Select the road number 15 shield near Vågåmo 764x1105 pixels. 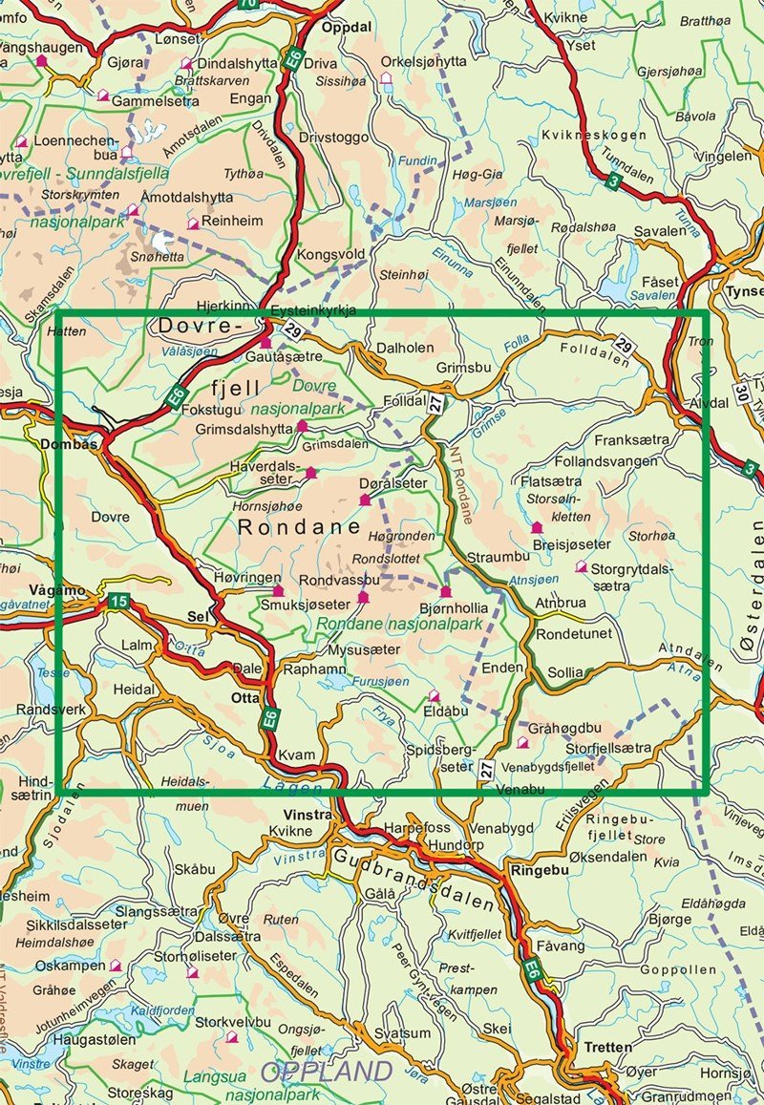pos(117,601)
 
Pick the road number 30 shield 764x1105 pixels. pos(742,391)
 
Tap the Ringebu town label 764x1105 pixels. pos(540,870)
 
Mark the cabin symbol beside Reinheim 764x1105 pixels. pos(193,223)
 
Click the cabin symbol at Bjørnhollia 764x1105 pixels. pos(445,592)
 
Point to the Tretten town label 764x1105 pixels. pos(609,1047)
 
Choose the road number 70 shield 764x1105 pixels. pos(248,5)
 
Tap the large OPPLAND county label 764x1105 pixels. pos(327,1071)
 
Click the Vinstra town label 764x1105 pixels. pos(308,815)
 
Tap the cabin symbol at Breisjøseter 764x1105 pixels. pos(537,526)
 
